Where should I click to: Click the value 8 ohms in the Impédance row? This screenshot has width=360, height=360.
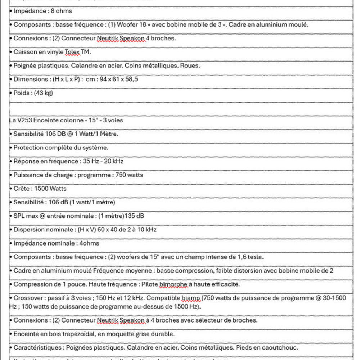pos(62,11)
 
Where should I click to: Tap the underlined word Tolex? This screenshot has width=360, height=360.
pos(73,52)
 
